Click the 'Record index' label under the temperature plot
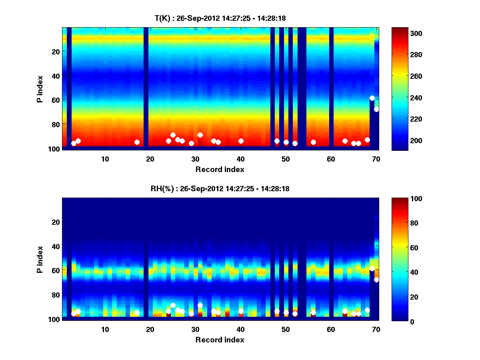tap(220, 169)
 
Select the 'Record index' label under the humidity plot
tap(220, 340)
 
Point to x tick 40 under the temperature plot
tap(241, 159)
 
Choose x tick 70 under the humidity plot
tap(376, 329)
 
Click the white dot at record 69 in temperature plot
tap(372, 98)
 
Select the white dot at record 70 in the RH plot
tap(376, 280)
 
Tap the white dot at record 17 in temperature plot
tap(137, 142)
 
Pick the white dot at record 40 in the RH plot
tap(241, 311)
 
